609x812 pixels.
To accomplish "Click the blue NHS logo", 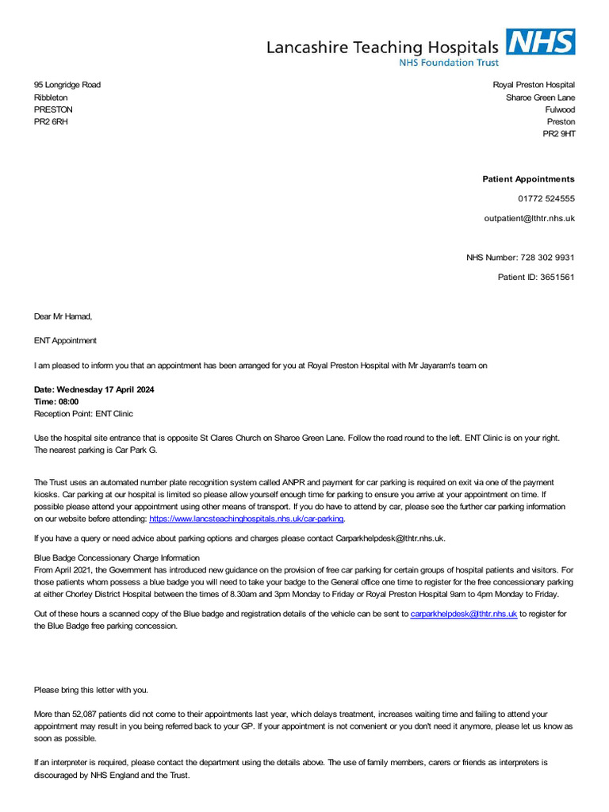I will (x=541, y=42).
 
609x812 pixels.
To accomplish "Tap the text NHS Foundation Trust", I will (x=449, y=63).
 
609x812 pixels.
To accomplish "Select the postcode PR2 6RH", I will (x=51, y=122).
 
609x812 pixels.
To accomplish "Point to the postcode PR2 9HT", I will (x=558, y=134).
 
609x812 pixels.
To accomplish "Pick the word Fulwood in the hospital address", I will (x=560, y=109).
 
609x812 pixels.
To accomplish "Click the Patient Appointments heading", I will (x=528, y=179).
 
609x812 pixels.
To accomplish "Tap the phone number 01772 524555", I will (x=546, y=199).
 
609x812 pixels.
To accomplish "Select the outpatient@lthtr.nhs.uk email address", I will (x=529, y=218).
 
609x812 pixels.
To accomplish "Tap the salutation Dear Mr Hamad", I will (x=63, y=316).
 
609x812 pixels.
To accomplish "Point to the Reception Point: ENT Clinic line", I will (x=83, y=414).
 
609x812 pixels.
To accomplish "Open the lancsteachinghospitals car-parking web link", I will (x=246, y=519).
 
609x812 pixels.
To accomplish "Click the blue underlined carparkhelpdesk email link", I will (x=464, y=614).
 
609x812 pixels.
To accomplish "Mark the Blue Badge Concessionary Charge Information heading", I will (x=117, y=558).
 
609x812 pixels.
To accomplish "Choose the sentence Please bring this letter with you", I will (x=90, y=690).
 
